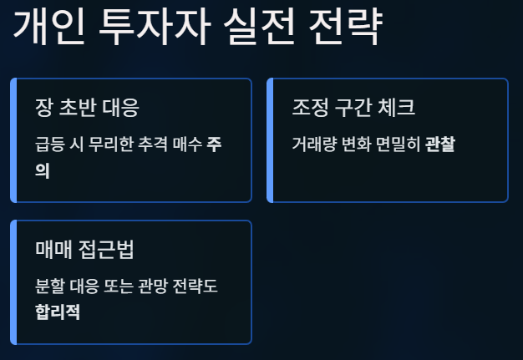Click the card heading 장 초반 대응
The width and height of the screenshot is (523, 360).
pos(87,109)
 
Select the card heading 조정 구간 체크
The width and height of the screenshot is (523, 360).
pos(353,109)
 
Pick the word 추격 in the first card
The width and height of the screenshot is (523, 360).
pos(155,145)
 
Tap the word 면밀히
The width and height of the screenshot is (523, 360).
pos(398,145)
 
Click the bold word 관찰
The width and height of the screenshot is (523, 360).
pos(440,145)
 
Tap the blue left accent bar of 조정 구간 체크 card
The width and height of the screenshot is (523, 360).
pos(270,140)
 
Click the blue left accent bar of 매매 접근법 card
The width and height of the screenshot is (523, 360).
pos(13,282)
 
